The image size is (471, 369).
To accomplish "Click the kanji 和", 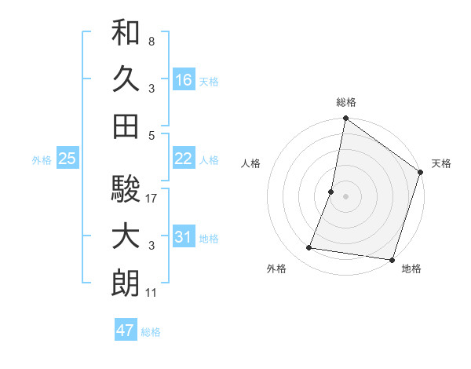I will click(126, 32).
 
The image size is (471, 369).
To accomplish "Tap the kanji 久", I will click(126, 79).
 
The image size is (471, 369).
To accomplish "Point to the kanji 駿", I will click(126, 189).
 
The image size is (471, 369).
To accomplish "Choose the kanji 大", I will click(126, 236).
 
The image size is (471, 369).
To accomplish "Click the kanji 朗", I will click(126, 283).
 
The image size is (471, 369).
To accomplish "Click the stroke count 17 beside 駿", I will click(152, 199).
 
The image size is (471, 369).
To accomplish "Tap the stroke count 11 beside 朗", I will click(152, 293).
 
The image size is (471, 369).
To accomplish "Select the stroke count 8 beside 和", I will click(151, 41).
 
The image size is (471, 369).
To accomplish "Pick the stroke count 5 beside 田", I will click(151, 134).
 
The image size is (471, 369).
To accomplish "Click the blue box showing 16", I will click(184, 80).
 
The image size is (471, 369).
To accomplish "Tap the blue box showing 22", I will click(184, 159).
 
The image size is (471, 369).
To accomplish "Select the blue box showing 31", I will click(184, 237).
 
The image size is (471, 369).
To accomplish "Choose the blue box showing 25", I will click(68, 159).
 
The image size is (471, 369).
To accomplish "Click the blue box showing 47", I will click(126, 331).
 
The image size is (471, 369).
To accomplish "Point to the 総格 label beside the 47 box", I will click(151, 332).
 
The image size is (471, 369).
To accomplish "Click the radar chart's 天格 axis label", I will click(441, 163).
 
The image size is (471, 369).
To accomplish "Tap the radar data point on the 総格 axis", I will click(345, 119).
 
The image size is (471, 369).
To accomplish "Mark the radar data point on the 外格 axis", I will click(309, 248).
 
